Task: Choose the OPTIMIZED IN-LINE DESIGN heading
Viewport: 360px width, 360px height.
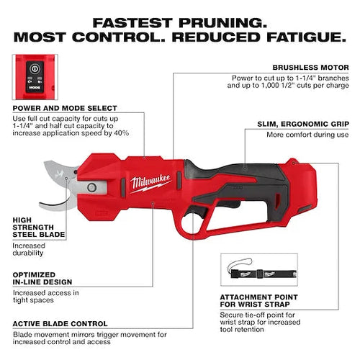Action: tap(42, 279)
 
